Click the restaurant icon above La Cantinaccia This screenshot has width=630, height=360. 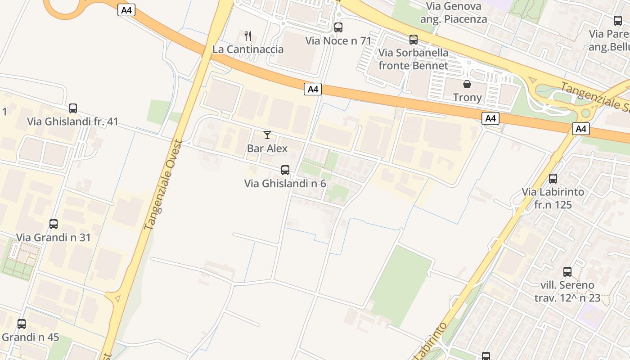[x=247, y=36]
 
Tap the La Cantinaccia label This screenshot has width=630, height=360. [x=248, y=49]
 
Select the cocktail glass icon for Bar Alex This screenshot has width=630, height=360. [x=267, y=135]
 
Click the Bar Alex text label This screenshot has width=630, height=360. [x=267, y=148]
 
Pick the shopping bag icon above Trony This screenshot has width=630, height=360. [x=467, y=84]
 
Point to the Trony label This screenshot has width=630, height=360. [x=467, y=97]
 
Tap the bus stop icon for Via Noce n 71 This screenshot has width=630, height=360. [x=338, y=27]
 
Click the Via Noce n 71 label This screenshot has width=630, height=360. [x=338, y=41]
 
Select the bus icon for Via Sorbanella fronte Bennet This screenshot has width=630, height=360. [x=414, y=40]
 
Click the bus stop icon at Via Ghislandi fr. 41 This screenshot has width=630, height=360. [x=73, y=108]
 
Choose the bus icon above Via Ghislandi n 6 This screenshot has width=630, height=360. [x=285, y=170]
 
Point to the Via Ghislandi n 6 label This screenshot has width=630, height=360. [x=285, y=184]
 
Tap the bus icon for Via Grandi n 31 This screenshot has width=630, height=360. [x=54, y=224]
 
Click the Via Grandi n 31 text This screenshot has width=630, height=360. [x=54, y=237]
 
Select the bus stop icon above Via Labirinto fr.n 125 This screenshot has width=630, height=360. [x=553, y=179]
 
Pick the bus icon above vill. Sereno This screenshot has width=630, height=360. [x=567, y=272]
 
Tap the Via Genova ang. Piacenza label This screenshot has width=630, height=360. [x=454, y=13]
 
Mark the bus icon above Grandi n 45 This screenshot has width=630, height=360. [x=22, y=324]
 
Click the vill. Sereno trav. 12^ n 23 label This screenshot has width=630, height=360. [x=567, y=291]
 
